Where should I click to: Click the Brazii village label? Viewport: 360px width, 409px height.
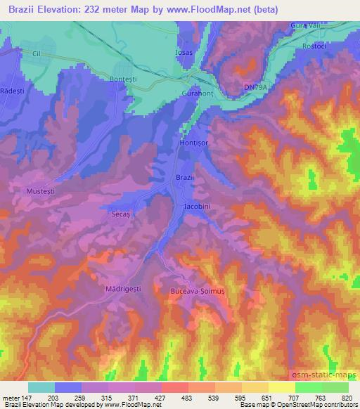coord(184,178)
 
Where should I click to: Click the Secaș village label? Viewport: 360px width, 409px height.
coord(123,211)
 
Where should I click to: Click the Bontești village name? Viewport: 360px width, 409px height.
coord(124,79)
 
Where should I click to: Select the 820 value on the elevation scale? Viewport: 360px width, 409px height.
coord(346,397)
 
